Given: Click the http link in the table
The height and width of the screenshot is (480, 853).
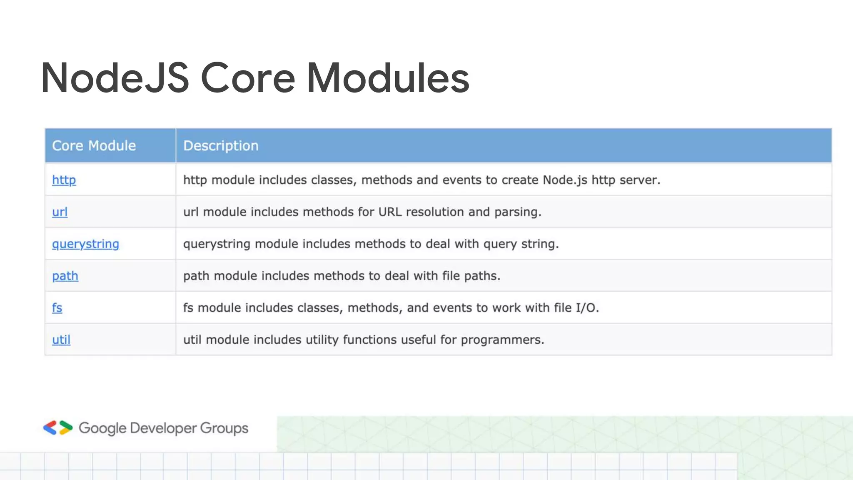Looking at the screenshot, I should point(64,180).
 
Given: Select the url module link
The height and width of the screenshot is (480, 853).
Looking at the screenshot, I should point(60,212).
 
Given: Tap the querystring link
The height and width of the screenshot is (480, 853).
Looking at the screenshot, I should point(85,244).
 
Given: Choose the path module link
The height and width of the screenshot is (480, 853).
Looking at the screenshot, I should point(65,276).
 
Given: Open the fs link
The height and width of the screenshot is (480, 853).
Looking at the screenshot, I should point(57,308).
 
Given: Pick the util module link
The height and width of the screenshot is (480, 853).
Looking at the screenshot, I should point(61,340).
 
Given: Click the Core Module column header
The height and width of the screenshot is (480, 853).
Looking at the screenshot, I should point(94,146).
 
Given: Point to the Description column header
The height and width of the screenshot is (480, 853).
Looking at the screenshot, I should point(221,146).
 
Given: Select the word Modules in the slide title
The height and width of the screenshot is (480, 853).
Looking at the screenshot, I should point(388,78).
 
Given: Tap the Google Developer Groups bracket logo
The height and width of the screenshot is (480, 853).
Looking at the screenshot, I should point(58,428).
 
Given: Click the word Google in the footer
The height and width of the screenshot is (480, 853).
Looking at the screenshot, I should point(102,428).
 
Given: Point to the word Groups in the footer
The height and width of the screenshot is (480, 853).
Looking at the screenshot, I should point(224,428).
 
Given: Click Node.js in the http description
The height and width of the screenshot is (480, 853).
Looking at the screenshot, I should point(565,180).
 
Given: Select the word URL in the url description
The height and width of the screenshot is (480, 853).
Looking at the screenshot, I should point(390,212).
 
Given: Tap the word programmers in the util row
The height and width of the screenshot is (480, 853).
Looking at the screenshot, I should point(502,340).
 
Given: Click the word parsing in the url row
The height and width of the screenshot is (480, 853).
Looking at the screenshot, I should point(517,212).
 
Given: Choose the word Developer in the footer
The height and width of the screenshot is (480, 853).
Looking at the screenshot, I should point(163,428).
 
